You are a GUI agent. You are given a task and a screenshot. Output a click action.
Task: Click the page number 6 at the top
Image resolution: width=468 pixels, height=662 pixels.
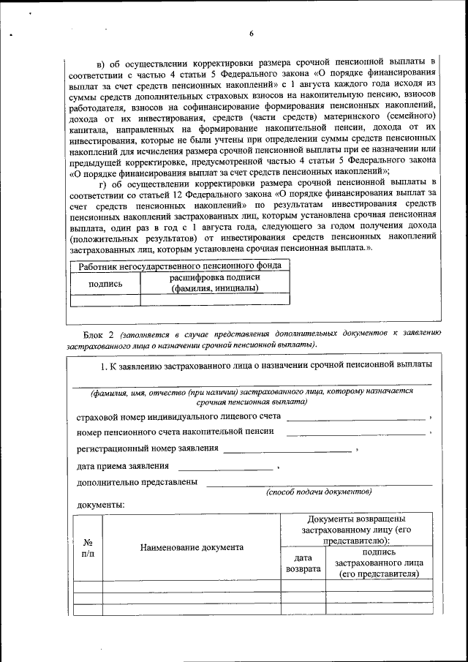pos(250,34)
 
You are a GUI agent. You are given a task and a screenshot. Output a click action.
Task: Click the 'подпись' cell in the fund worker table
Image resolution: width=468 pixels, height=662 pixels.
pos(105,283)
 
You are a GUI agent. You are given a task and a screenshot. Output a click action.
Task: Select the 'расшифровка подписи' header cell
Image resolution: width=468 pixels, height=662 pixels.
pos(214,283)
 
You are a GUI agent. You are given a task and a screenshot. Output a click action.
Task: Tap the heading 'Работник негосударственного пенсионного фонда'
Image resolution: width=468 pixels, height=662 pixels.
pos(179,267)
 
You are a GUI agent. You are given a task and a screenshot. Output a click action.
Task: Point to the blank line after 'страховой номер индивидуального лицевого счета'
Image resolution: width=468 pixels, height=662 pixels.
pos(355,419)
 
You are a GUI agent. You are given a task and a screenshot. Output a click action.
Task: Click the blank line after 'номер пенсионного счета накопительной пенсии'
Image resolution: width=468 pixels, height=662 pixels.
pos(355,435)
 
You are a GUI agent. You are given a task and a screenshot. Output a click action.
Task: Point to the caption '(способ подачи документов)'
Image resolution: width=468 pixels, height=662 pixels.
pos(319,492)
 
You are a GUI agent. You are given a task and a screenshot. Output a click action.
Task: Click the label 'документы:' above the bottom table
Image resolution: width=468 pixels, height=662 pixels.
pos(101,505)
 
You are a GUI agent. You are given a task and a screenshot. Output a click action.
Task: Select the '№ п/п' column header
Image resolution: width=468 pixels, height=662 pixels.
pos(88,548)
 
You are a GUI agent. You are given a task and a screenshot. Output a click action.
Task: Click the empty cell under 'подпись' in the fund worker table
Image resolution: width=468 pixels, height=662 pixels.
pos(105,299)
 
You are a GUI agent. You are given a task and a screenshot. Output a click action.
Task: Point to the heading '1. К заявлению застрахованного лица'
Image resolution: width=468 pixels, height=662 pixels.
pos(265,364)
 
